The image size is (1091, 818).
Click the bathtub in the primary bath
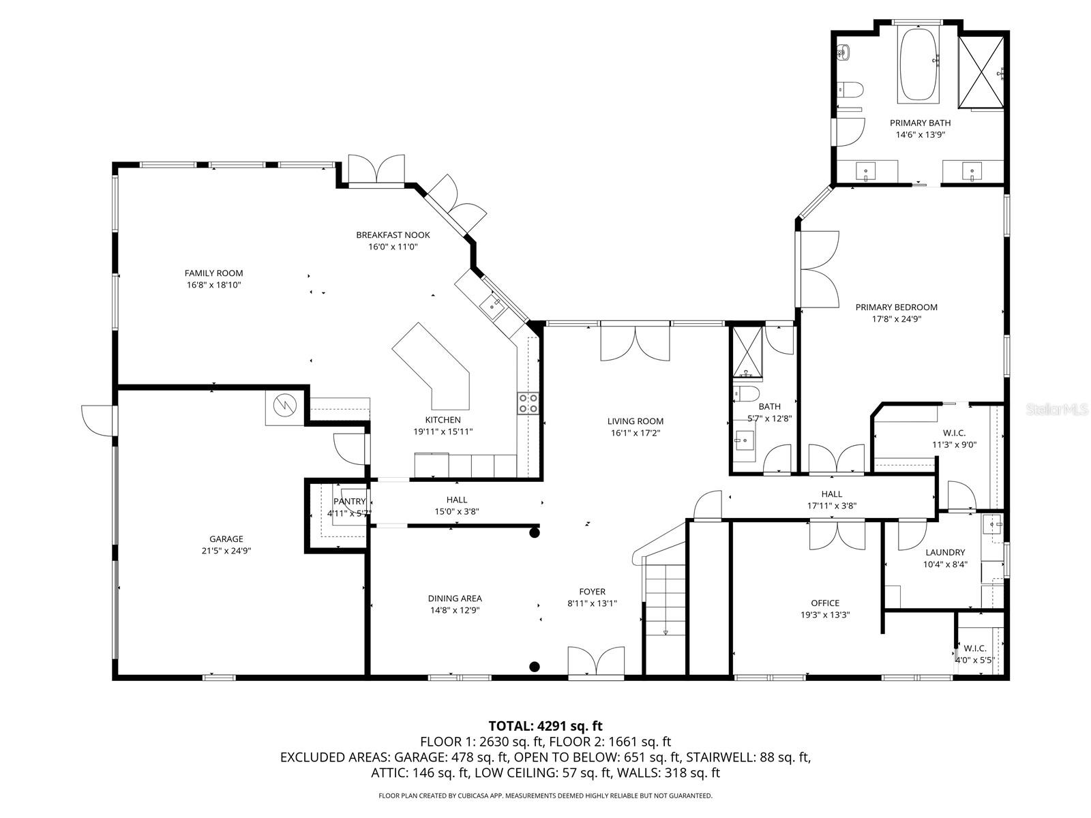918,65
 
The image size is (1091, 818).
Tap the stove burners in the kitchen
528,403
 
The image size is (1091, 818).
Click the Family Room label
213,273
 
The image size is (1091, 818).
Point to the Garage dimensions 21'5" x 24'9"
226,551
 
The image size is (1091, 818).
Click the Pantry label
349,502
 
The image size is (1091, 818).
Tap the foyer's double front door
596,663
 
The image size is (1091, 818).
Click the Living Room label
636,421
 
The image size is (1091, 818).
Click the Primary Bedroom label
896,307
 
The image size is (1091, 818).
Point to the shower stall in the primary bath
981,72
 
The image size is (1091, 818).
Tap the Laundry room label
945,552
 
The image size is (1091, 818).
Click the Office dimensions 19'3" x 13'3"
825,615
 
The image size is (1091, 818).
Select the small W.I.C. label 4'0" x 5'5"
975,660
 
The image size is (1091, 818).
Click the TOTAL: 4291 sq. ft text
545,726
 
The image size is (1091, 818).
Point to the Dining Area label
455,599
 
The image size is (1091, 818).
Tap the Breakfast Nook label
393,235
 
